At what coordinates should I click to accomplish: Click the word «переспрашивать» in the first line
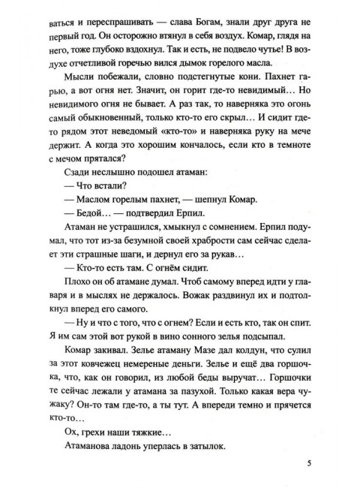[98, 18]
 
